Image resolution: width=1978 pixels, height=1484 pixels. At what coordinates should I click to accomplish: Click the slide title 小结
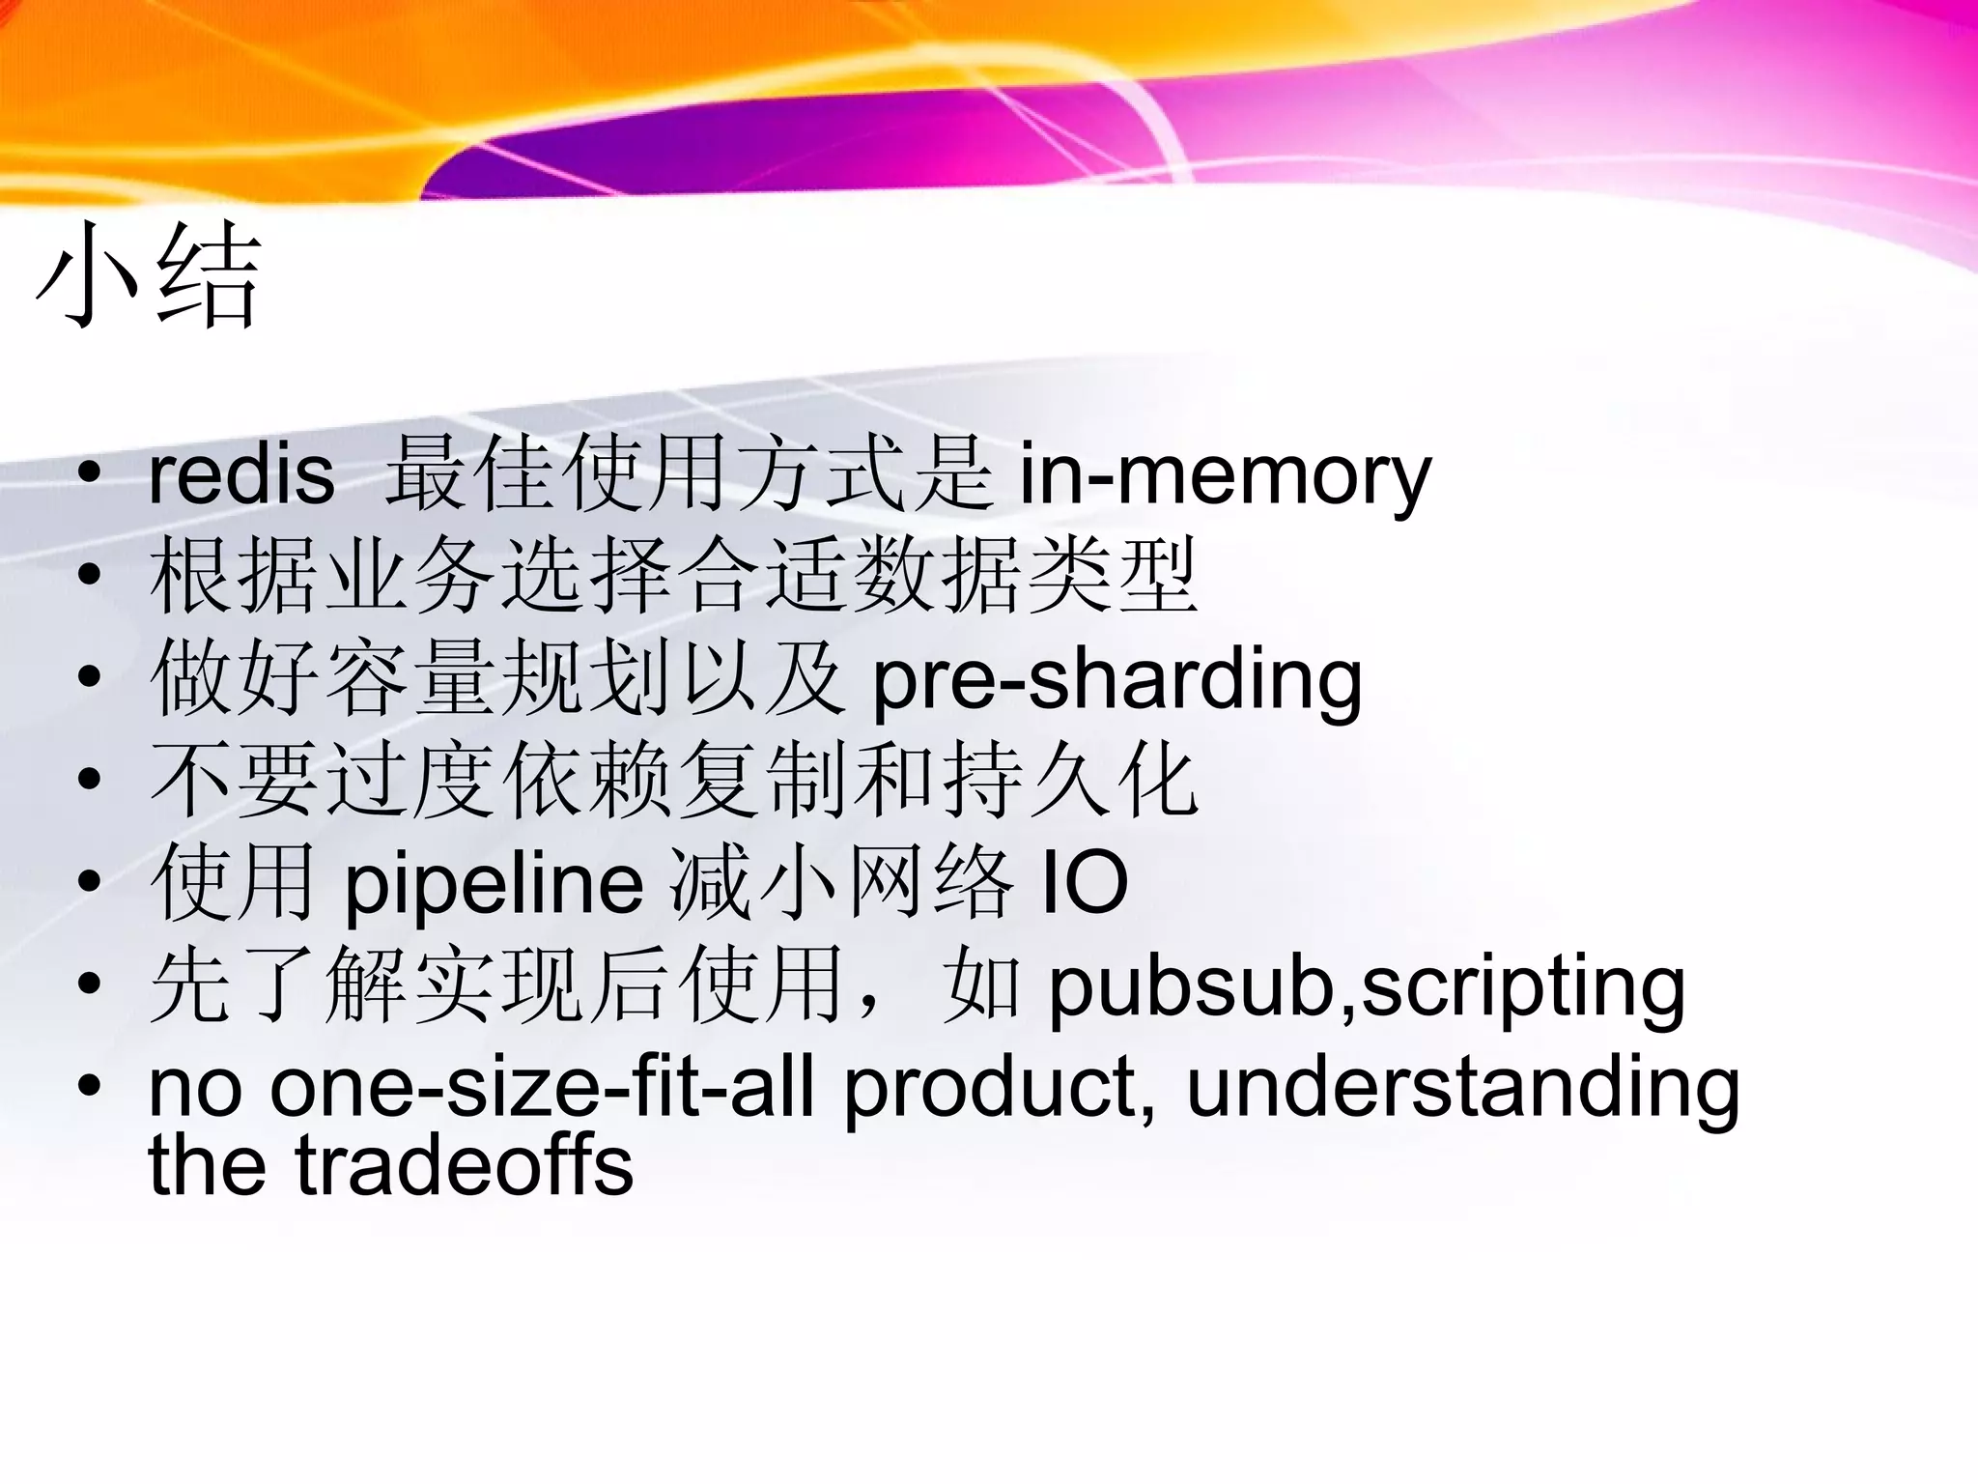[150, 275]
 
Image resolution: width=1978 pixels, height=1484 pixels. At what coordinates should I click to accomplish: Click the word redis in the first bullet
[241, 475]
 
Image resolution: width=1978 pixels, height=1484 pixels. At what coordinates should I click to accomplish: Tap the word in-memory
[1225, 475]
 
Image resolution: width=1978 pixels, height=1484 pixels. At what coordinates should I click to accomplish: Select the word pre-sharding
[1116, 680]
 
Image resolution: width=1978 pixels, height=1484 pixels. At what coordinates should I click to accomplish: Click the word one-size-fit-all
[542, 1088]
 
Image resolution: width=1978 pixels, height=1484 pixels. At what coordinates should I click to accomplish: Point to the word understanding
[1463, 1088]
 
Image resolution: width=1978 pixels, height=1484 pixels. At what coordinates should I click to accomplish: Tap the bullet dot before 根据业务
[90, 576]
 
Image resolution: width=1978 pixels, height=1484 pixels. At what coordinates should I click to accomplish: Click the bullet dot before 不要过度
[90, 780]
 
